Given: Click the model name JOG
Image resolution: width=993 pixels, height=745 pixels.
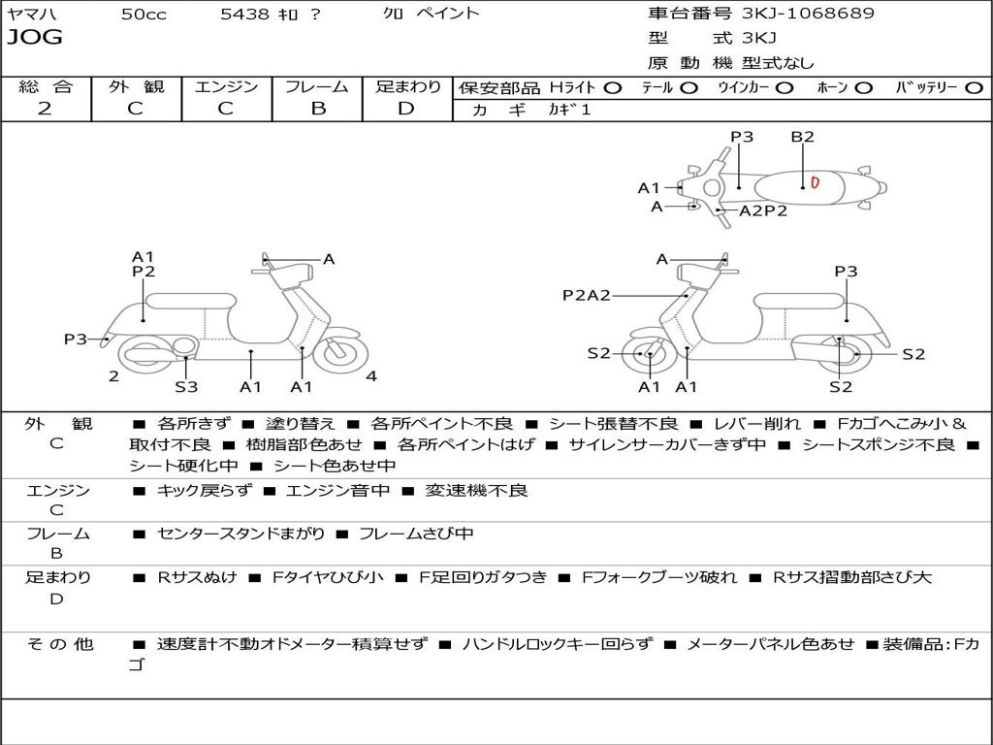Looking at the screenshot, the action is [35, 38].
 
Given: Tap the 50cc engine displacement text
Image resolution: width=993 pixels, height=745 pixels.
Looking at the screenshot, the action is [143, 14].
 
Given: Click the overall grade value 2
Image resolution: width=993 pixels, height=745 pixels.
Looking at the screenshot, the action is [45, 109].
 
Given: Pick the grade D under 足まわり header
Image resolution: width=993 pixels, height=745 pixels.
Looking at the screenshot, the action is [406, 109].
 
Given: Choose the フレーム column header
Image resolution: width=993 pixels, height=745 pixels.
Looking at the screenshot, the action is [317, 87].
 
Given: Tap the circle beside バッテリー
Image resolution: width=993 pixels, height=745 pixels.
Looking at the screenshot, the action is [974, 87].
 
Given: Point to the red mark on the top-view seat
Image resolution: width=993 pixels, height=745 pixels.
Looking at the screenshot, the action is [816, 182].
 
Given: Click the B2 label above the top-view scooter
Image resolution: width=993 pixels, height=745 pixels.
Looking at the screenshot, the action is [802, 137].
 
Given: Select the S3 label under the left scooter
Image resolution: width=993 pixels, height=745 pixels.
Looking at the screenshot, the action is [186, 387].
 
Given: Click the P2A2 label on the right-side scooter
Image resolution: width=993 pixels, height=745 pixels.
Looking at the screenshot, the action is [587, 295].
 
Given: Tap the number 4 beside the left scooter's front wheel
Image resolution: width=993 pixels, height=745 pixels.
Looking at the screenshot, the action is [371, 376].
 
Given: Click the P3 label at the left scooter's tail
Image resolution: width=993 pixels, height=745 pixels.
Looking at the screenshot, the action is [76, 339].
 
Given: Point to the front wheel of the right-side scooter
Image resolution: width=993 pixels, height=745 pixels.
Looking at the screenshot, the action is [649, 355].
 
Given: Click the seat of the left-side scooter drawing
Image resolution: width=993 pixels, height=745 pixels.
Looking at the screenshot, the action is [193, 301].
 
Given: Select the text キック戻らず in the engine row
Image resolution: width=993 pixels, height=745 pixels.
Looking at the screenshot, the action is [204, 491].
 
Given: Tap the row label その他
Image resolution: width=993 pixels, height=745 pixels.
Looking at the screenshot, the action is [59, 644].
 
